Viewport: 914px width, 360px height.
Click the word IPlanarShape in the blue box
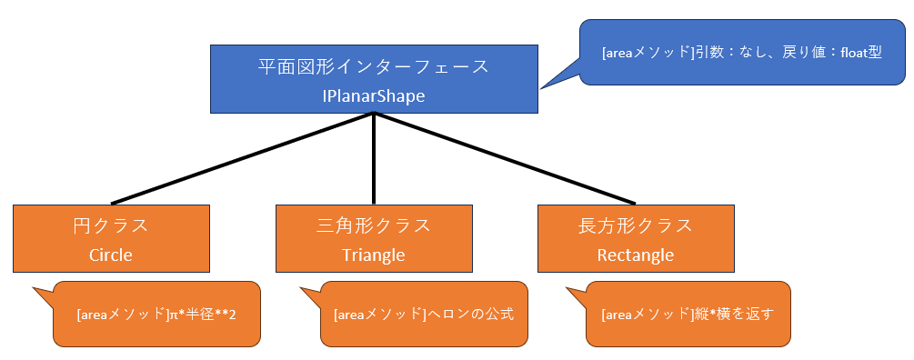click(374, 95)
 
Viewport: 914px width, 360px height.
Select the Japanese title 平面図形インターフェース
click(374, 66)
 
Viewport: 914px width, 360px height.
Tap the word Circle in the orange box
click(111, 255)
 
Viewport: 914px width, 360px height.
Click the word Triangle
click(374, 255)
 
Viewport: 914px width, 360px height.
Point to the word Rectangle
click(636, 255)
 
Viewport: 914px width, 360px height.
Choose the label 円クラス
click(111, 225)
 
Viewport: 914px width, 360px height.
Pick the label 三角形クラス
click(374, 225)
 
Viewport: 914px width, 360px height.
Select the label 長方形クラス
click(636, 225)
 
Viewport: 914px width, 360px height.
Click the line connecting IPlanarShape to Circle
click(242, 158)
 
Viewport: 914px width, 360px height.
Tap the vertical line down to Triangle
click(374, 158)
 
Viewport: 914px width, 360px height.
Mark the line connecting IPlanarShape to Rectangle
click(504, 158)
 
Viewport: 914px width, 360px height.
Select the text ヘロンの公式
click(471, 315)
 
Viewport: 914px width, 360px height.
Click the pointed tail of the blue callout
click(541, 88)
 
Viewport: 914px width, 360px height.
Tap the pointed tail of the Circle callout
click(34, 288)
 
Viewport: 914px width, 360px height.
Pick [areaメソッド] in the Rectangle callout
click(648, 315)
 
